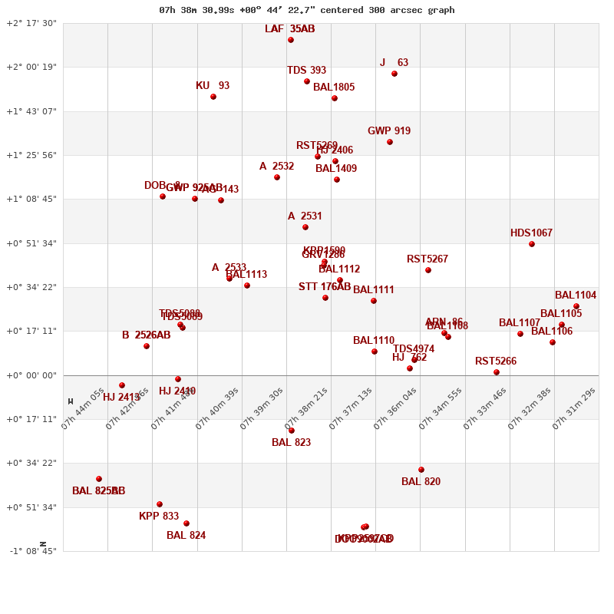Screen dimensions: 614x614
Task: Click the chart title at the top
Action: click(306, 10)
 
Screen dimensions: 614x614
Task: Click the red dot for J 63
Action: click(394, 74)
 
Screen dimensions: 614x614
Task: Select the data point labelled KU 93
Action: click(213, 97)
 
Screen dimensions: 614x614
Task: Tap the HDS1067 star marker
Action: click(532, 244)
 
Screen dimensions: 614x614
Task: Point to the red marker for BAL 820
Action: click(421, 470)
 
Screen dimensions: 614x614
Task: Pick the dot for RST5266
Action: click(497, 372)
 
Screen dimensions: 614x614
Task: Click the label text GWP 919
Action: click(389, 131)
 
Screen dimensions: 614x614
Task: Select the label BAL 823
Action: click(292, 443)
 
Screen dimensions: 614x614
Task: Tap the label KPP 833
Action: click(159, 517)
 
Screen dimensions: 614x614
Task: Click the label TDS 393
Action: click(307, 71)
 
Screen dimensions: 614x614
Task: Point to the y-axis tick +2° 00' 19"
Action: click(31, 67)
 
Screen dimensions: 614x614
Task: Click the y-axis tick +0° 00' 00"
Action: click(31, 375)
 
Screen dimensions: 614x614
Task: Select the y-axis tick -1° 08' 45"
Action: click(31, 551)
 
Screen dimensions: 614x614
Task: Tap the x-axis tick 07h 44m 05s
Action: click(83, 408)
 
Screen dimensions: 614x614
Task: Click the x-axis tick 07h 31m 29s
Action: click(574, 408)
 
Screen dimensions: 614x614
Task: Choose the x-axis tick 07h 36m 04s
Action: click(395, 408)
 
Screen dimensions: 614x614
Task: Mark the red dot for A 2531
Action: click(305, 227)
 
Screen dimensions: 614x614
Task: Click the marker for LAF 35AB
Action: click(291, 40)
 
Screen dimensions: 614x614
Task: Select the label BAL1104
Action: click(576, 295)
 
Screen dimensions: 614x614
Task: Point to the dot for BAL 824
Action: click(187, 523)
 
